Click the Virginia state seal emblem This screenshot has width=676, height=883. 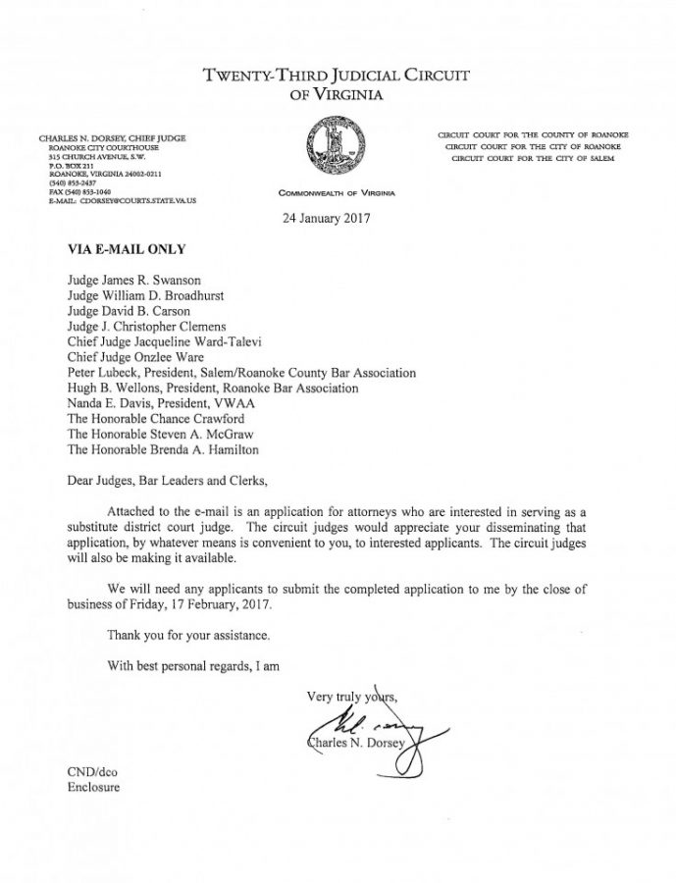pos(337,146)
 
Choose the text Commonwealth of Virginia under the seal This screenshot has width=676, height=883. pos(337,192)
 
